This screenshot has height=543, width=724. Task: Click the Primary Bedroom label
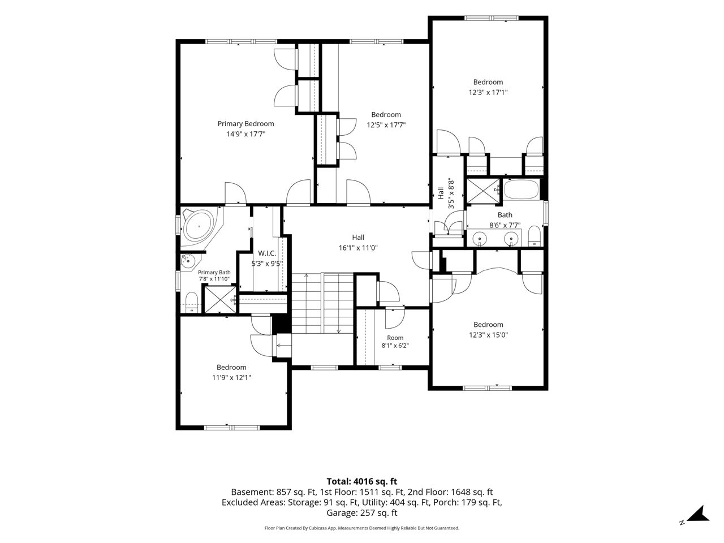coord(245,124)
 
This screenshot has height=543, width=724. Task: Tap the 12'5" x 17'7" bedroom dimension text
coord(386,125)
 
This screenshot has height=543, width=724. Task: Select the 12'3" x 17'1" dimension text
coord(488,92)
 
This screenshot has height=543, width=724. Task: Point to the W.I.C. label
coord(267,253)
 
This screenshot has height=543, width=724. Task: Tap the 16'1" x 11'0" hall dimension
coord(358,248)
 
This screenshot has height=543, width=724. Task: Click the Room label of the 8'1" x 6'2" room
coord(395,338)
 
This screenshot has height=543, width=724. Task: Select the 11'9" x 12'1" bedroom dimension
coord(231,377)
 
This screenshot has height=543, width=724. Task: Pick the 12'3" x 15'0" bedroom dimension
coord(488,335)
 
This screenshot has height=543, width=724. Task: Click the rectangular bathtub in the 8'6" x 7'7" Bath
coord(521,189)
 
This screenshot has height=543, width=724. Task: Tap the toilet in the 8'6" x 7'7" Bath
coord(534,236)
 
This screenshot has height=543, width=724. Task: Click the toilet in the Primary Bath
coord(191,302)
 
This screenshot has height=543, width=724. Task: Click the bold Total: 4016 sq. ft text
coord(362,482)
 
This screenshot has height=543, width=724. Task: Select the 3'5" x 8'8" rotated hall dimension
coord(451,194)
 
